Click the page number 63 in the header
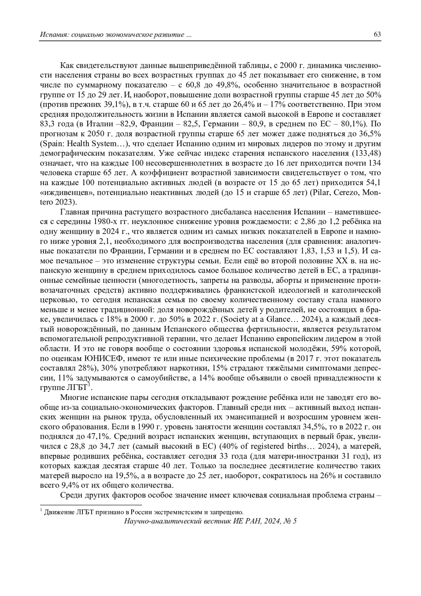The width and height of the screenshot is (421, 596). pyautogui.click(x=377, y=34)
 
